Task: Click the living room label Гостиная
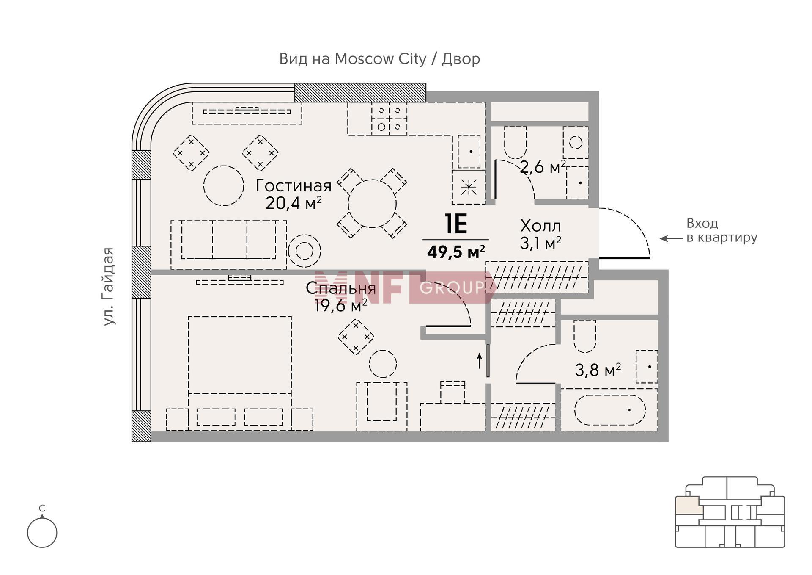point(294,186)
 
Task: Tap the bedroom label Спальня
point(340,288)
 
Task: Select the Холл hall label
point(540,226)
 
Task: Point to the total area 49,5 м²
point(456,252)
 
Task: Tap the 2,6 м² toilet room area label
point(543,167)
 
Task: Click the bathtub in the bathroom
point(610,410)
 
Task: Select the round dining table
point(372,204)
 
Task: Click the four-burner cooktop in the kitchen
point(390,119)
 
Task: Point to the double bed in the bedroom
point(240,373)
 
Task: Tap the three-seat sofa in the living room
point(229,245)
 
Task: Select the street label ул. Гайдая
point(109,286)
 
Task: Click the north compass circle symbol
point(42,533)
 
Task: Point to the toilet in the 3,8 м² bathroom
point(585,336)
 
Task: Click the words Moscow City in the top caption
point(380,59)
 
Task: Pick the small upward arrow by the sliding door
point(480,361)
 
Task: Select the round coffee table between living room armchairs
point(224,185)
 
